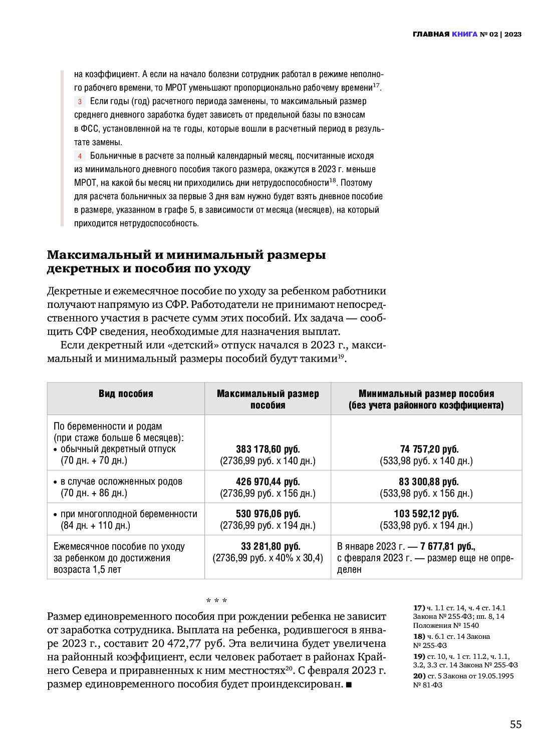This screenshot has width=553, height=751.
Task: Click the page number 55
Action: (x=515, y=724)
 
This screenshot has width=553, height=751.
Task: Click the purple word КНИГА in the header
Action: (x=464, y=34)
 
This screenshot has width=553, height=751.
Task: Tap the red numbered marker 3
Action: (x=80, y=102)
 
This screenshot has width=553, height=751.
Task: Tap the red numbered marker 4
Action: (x=80, y=156)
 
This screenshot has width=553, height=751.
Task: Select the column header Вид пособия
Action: (x=126, y=394)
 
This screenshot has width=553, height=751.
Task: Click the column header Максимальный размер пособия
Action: (x=267, y=399)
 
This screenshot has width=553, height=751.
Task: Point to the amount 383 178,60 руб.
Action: (x=267, y=449)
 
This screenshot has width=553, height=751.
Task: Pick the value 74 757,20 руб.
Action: (x=429, y=449)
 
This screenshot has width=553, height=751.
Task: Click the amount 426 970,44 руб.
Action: (x=267, y=482)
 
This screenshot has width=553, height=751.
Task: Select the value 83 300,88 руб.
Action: (x=429, y=482)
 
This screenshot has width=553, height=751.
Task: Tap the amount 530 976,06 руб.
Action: (x=267, y=514)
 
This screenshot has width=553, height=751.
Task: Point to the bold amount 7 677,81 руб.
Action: (x=447, y=546)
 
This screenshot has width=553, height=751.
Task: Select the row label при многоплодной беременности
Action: (x=128, y=514)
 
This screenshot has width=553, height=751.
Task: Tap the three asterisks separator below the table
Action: (x=216, y=600)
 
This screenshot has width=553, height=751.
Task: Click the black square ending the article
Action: (x=349, y=684)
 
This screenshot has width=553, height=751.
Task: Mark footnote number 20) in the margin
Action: (x=419, y=676)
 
